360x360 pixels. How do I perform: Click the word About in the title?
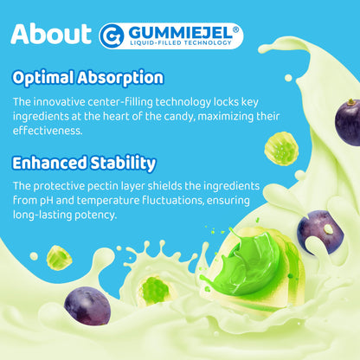click(x=51, y=34)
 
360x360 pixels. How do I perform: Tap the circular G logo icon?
click(x=112, y=35)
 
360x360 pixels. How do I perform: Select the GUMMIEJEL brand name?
click(x=180, y=33)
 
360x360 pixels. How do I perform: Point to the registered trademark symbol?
click(x=235, y=29)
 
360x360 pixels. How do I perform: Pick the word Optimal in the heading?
click(x=43, y=78)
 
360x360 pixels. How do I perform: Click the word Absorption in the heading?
click(x=120, y=78)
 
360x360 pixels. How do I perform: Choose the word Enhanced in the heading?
click(x=49, y=163)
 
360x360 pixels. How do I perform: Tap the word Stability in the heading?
click(x=123, y=164)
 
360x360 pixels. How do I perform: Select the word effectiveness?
click(x=48, y=131)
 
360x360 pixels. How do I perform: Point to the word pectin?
click(x=103, y=186)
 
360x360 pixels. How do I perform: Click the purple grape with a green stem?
click(x=348, y=122)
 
